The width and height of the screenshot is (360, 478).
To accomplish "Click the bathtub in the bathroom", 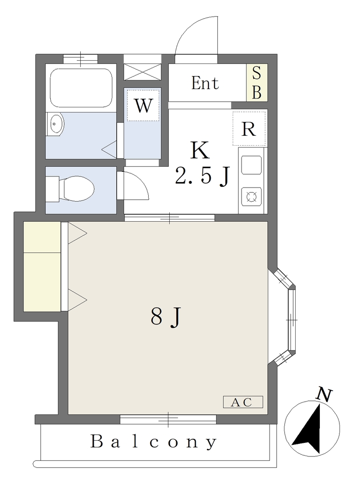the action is pyautogui.click(x=81, y=88).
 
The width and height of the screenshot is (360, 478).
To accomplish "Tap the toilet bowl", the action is pyautogui.click(x=75, y=189).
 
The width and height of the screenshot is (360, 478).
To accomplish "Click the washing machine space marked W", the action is pyautogui.click(x=143, y=105).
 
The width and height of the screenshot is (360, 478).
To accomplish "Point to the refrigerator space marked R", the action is pyautogui.click(x=249, y=129).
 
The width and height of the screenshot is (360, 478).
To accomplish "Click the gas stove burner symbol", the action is pyautogui.click(x=251, y=197).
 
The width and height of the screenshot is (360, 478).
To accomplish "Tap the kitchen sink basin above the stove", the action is pyautogui.click(x=251, y=165).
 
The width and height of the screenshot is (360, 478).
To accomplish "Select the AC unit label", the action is pyautogui.click(x=243, y=402).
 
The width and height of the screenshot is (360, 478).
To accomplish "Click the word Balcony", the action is pyautogui.click(x=154, y=442).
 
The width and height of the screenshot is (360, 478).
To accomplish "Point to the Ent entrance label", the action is pyautogui.click(x=205, y=83).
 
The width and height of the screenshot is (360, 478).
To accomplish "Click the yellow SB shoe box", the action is pyautogui.click(x=257, y=83).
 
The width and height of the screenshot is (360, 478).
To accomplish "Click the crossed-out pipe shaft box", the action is pyautogui.click(x=143, y=72).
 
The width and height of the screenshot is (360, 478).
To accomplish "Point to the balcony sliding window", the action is pyautogui.click(x=168, y=419).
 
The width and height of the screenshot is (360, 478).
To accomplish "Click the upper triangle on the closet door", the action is pyautogui.click(x=78, y=233).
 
